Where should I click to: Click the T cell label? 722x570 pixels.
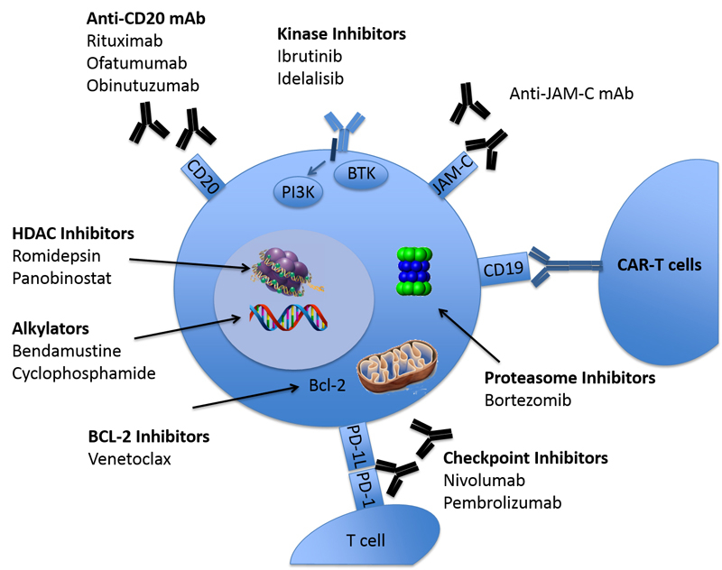pyautogui.click(x=366, y=540)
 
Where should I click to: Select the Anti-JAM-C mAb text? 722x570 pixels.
pyautogui.click(x=564, y=93)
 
